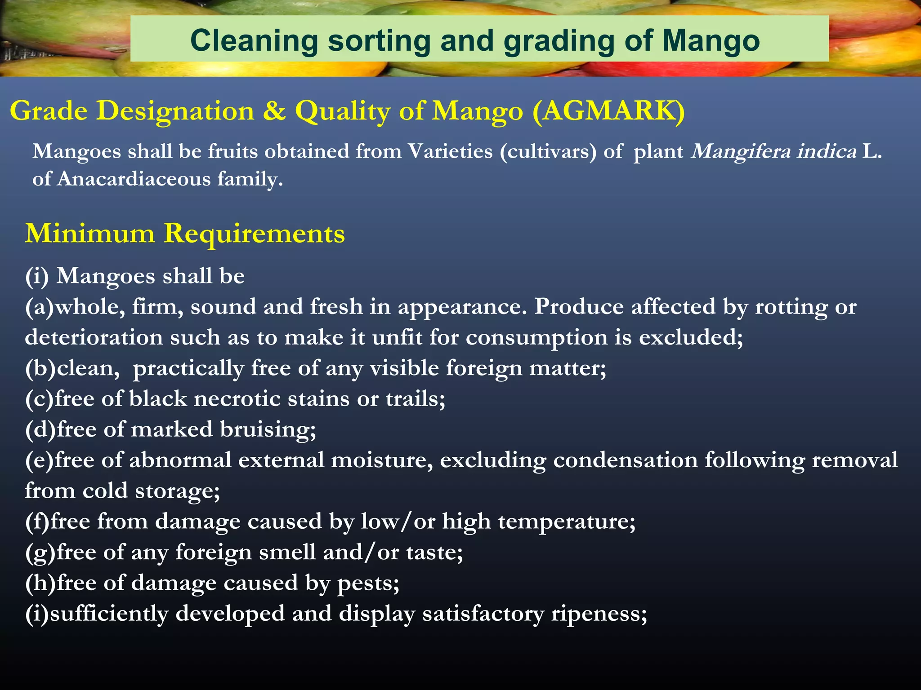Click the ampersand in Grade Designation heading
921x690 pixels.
[274, 111]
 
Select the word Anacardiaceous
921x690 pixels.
[134, 179]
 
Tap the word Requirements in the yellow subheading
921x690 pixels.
[254, 234]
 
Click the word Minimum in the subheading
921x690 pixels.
[89, 234]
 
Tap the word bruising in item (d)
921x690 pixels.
[268, 429]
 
